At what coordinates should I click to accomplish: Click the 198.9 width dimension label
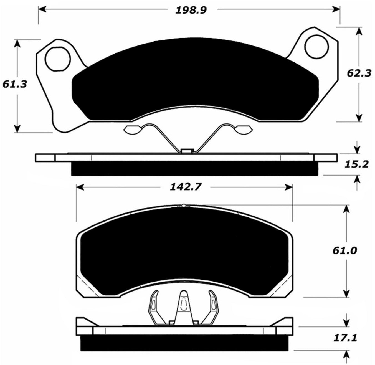[191, 10]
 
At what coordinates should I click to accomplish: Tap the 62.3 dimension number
[359, 73]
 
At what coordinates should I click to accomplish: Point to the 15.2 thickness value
[356, 164]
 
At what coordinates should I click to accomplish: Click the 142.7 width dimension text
[185, 187]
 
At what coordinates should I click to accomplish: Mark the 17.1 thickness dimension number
[345, 338]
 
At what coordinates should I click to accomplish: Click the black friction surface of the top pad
[194, 80]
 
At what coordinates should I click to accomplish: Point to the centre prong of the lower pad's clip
[183, 305]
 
